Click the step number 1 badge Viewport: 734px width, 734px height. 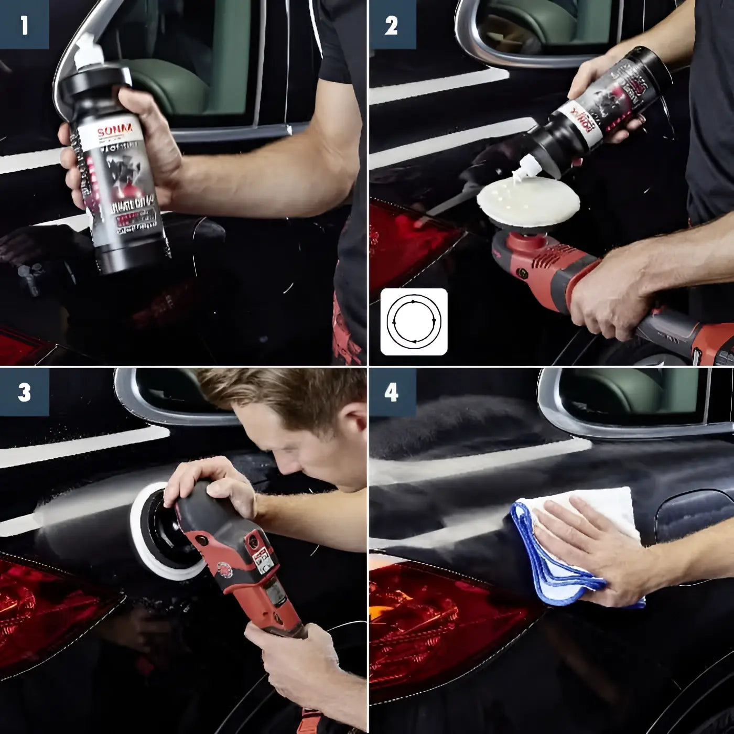[x=24, y=25]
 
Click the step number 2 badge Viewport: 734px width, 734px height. [x=392, y=25]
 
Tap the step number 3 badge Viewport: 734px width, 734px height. [x=24, y=393]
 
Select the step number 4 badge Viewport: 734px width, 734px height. [x=392, y=393]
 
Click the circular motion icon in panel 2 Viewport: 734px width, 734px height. [x=414, y=321]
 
